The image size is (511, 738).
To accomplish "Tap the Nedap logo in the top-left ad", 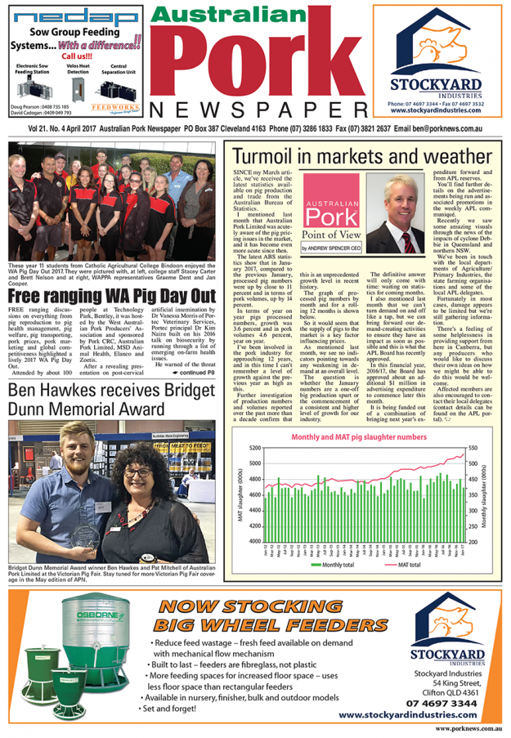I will tap(65, 17).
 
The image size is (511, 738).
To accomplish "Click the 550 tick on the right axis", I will tap(473, 449).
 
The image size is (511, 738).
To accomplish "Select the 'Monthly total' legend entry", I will tap(332, 565).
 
